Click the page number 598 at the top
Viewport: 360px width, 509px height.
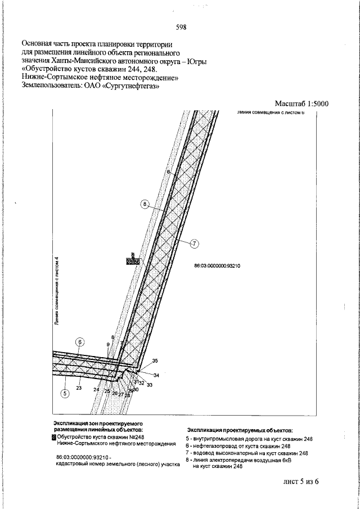coord(181,26)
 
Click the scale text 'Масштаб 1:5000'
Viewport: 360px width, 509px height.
coord(301,103)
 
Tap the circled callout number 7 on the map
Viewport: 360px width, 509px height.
coord(195,244)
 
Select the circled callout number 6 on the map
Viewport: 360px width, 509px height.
coord(80,342)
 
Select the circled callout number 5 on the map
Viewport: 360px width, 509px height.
coord(65,393)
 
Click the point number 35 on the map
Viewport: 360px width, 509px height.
coord(155,361)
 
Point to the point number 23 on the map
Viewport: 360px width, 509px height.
coord(79,387)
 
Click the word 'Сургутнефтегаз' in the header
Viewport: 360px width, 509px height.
coord(130,87)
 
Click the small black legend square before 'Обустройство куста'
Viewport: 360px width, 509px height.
coord(54,436)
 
